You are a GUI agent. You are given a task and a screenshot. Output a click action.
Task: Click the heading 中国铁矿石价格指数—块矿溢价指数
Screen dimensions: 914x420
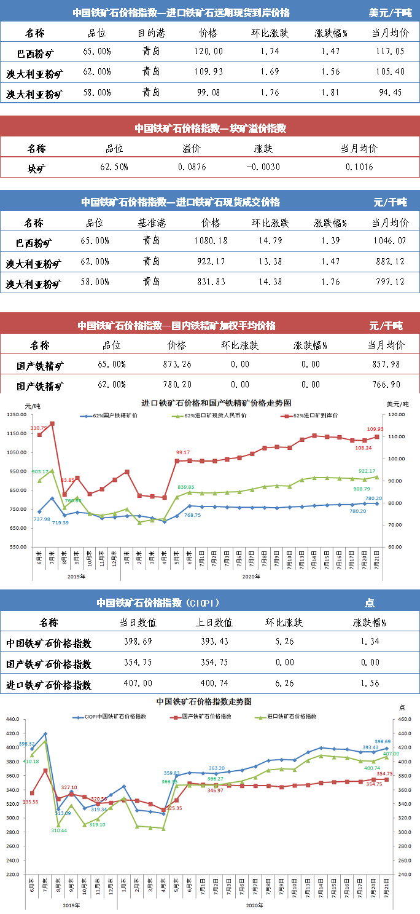coord(210,128)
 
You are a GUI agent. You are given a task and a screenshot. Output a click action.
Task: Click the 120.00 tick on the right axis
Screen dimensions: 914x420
coord(396,415)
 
